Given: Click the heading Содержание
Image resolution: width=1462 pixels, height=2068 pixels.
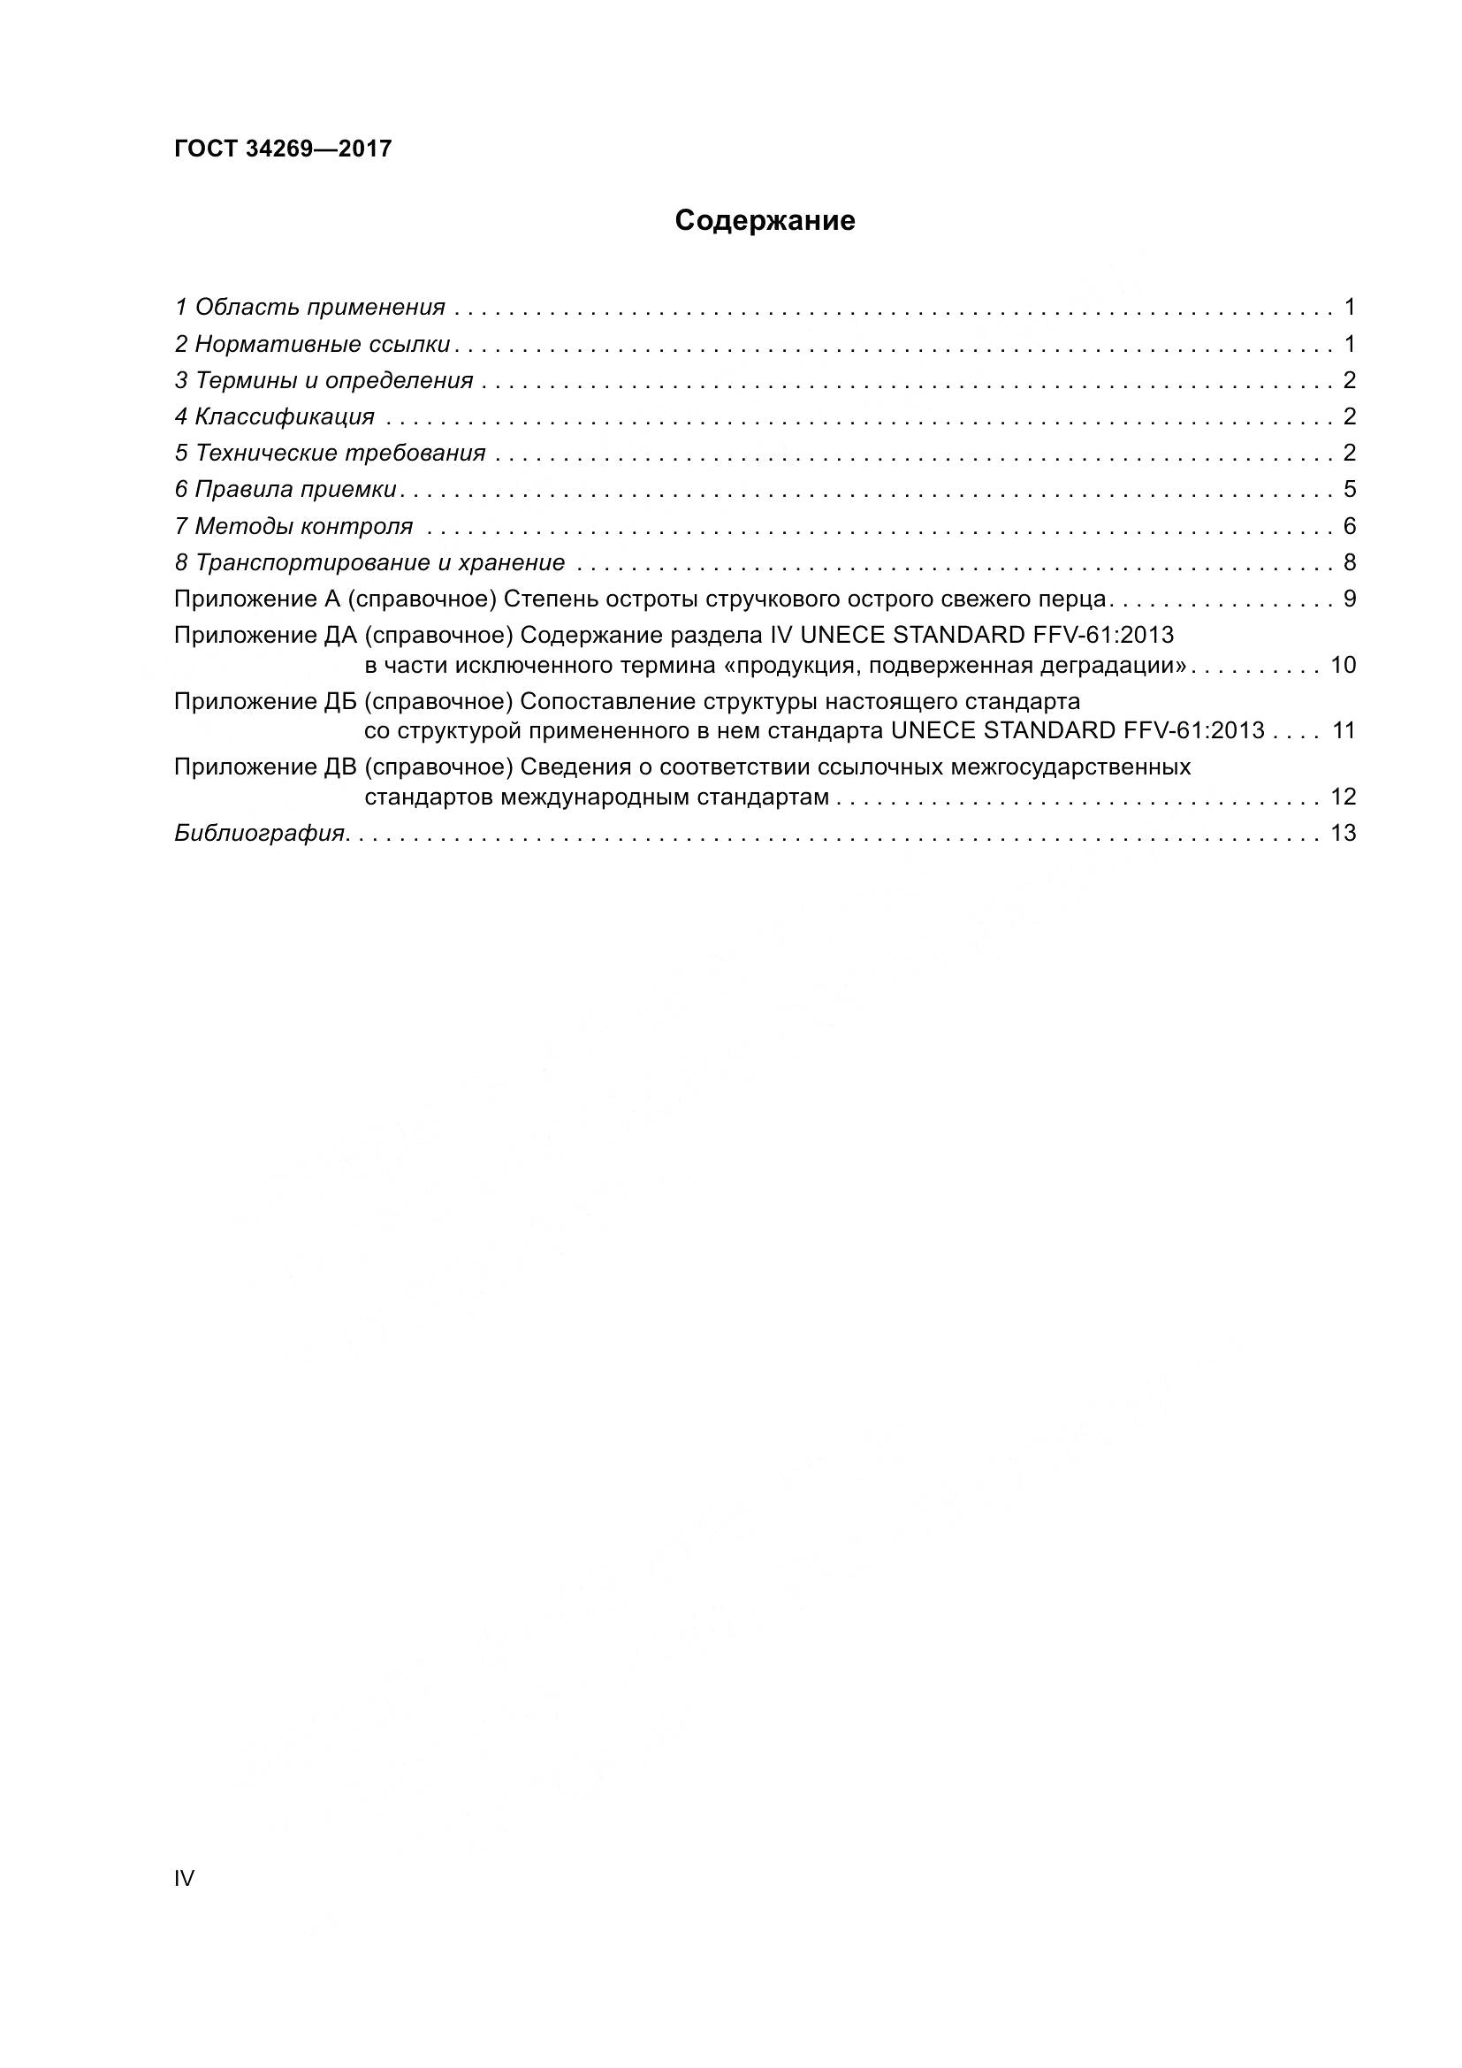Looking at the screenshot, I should coord(765,221).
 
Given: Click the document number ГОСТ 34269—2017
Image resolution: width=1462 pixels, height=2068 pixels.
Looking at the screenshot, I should coord(283,149).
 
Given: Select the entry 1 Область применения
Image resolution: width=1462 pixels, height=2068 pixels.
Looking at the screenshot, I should coord(309,307).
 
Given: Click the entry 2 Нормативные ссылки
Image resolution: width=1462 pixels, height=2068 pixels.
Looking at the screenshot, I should coord(312,344).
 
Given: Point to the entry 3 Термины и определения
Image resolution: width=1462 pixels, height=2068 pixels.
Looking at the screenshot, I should coord(324,380).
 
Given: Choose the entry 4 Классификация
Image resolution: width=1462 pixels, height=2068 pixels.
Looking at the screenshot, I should coord(275,417).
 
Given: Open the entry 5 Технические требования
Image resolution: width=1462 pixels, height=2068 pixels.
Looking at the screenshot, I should coord(331,453).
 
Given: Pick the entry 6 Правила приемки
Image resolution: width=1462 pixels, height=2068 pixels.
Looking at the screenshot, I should coord(286,490).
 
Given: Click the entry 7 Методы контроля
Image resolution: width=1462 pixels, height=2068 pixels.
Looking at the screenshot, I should coord(293,526).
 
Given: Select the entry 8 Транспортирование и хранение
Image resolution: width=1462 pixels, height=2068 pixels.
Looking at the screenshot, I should coord(370,563).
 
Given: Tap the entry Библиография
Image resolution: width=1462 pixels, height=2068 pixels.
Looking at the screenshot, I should coord(260,833).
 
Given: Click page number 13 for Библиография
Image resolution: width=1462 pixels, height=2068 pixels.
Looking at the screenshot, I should coord(1343,833).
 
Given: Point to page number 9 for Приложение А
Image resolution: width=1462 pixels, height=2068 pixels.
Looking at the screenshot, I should coord(1349,599).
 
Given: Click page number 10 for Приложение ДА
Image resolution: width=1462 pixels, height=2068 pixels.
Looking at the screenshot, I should coord(1343,666).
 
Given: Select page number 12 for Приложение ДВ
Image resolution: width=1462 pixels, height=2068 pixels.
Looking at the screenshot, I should coord(1343,797).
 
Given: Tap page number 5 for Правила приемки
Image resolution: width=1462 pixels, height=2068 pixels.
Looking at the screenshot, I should coord(1349,490).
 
